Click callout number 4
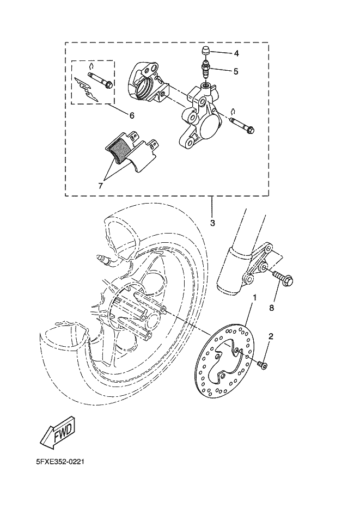click(x=236, y=53)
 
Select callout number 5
click(x=236, y=71)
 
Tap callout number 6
click(x=131, y=115)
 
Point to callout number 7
click(x=100, y=185)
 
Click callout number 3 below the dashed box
click(x=212, y=223)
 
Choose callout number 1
click(x=254, y=298)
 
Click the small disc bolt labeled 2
click(x=263, y=364)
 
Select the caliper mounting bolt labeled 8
click(x=285, y=279)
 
